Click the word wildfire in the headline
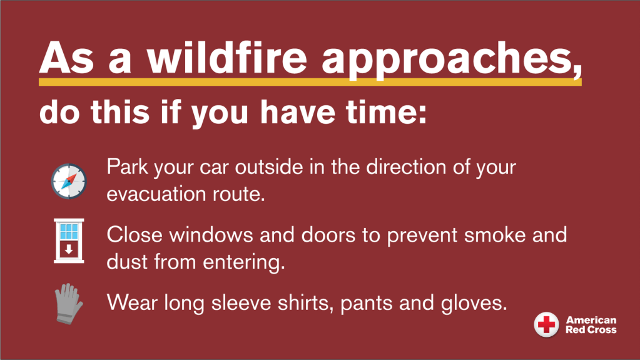[x=227, y=58]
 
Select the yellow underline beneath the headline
[x=310, y=82]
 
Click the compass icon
[x=69, y=181]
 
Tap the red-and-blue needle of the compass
[x=69, y=181]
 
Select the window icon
[x=69, y=240]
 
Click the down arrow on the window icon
[x=69, y=249]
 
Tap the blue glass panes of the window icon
[x=69, y=231]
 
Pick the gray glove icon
[x=69, y=304]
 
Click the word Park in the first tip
[x=127, y=167]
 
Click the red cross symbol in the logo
[x=547, y=325]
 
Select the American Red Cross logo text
[x=591, y=325]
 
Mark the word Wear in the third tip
[x=132, y=303]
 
